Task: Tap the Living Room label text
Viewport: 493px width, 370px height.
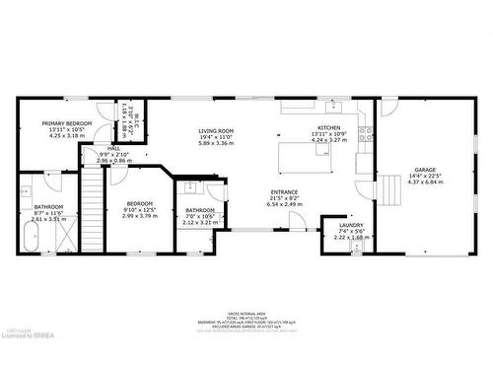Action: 216,131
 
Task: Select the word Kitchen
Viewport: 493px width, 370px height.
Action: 328,127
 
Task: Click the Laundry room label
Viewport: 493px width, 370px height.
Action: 351,225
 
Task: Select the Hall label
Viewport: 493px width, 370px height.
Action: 113,148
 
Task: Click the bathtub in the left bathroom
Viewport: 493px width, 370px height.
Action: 30,237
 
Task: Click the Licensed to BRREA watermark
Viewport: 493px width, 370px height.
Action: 28,362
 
